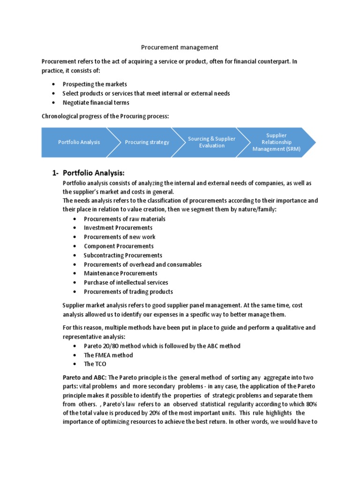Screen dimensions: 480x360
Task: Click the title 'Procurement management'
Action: pyautogui.click(x=180, y=47)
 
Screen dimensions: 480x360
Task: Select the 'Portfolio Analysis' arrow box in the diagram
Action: pyautogui.click(x=79, y=142)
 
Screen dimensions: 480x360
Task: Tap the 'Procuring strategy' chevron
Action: pyautogui.click(x=147, y=142)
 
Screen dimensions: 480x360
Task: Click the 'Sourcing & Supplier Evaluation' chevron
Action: pyautogui.click(x=211, y=142)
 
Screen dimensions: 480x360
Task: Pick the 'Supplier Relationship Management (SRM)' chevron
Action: pyautogui.click(x=276, y=142)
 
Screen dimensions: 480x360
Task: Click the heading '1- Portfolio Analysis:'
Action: pyautogui.click(x=89, y=173)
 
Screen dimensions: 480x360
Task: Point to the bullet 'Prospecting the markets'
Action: pyautogui.click(x=95, y=84)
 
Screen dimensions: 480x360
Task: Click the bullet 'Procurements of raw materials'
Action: pyautogui.click(x=124, y=219)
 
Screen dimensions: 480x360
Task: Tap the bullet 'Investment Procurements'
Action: pyautogui.click(x=118, y=228)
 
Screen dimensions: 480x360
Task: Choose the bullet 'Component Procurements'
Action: pyautogui.click(x=119, y=246)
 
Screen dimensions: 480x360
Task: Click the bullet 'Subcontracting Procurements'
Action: pyautogui.click(x=123, y=255)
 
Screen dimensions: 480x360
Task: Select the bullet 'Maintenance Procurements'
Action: pyautogui.click(x=120, y=273)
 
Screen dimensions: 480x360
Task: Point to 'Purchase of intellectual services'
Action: pyautogui.click(x=126, y=282)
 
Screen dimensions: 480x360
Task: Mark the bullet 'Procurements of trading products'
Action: pyautogui.click(x=128, y=292)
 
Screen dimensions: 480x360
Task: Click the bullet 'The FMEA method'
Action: pyautogui.click(x=108, y=355)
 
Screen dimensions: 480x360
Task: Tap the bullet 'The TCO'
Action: pyautogui.click(x=95, y=364)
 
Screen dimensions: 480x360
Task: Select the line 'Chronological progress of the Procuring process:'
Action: pyautogui.click(x=105, y=116)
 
